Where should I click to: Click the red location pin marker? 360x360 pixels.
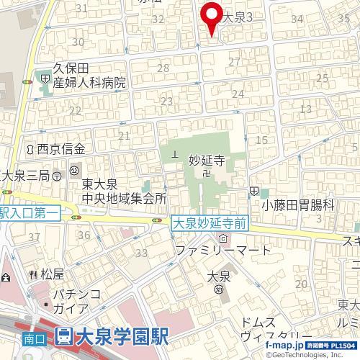pos(210,17)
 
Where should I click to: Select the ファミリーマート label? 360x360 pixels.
pos(224,251)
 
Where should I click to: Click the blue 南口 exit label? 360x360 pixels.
pos(30,336)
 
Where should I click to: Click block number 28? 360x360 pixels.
pos(163,68)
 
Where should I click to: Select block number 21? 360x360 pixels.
pos(124,135)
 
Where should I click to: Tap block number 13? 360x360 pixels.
pos(305,109)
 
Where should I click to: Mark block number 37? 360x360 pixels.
pos(33,236)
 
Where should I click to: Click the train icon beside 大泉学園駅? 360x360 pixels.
pos(63,336)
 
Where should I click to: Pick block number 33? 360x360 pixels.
pos(141,252)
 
